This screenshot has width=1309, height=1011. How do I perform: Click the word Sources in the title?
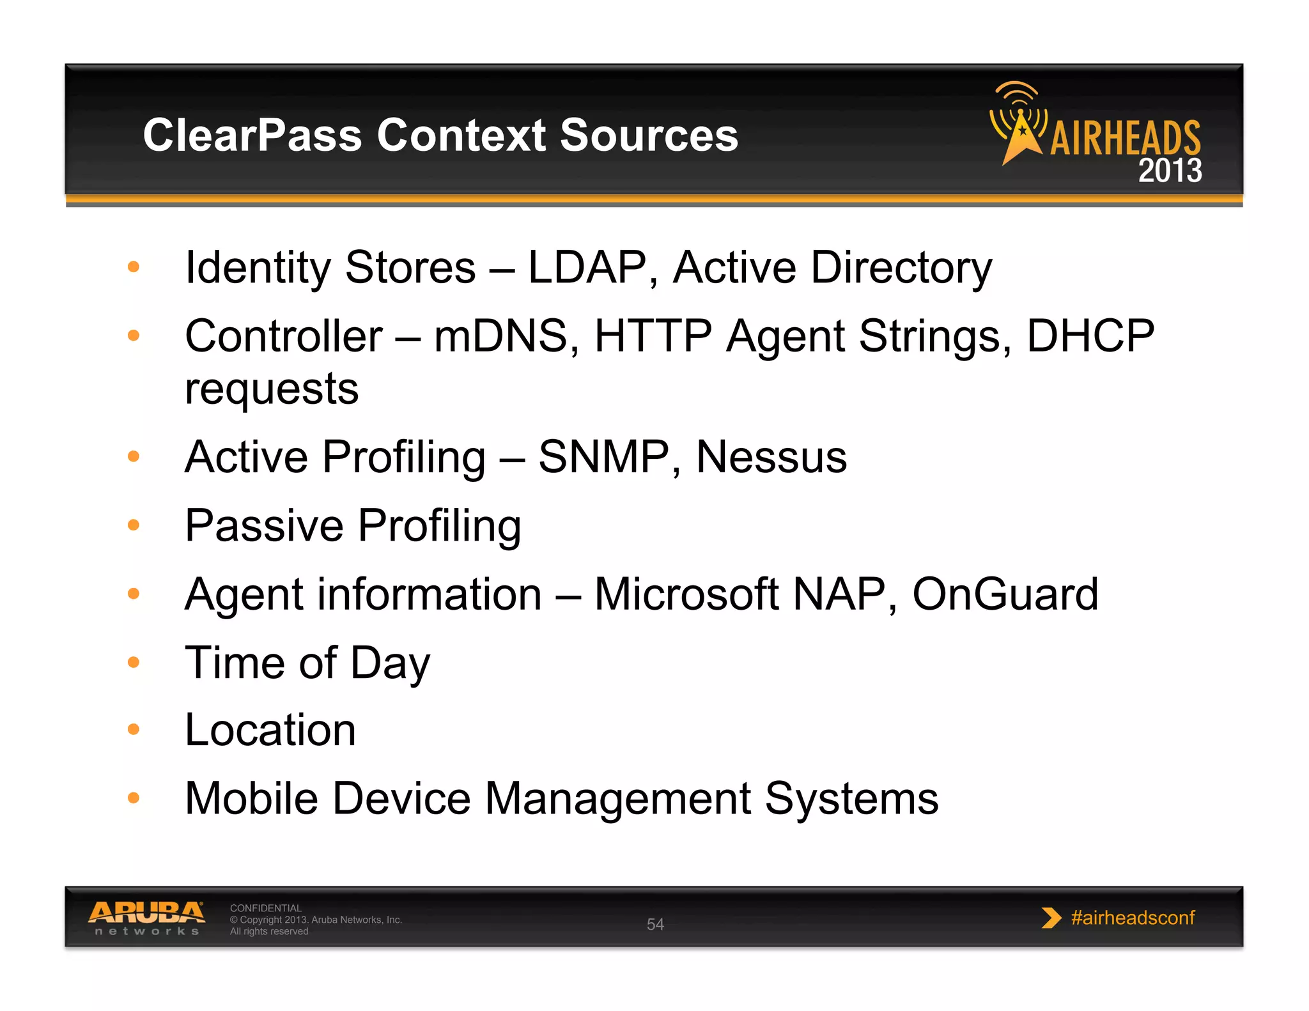pos(648,135)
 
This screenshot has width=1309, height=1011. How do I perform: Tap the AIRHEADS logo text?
pos(1125,137)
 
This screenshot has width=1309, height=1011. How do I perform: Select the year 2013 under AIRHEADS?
pos(1170,171)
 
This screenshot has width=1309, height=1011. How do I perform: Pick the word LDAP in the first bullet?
pos(587,267)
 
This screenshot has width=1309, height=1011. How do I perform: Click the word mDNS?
pos(500,336)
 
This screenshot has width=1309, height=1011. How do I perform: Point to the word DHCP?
pos(1090,336)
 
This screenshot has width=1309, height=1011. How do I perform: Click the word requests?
pos(272,389)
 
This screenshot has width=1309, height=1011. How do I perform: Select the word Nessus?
pos(771,458)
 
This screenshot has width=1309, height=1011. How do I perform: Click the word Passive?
pos(264,526)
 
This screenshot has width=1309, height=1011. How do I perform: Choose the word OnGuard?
pos(1004,594)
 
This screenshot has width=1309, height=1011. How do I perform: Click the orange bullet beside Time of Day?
pos(134,662)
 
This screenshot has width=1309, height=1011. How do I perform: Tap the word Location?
pos(270,730)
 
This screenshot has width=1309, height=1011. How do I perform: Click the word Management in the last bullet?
pos(617,799)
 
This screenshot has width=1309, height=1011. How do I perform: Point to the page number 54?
pos(655,924)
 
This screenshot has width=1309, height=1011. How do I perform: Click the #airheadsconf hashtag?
pos(1132,918)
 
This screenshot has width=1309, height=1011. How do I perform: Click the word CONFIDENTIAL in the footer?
pos(265,907)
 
